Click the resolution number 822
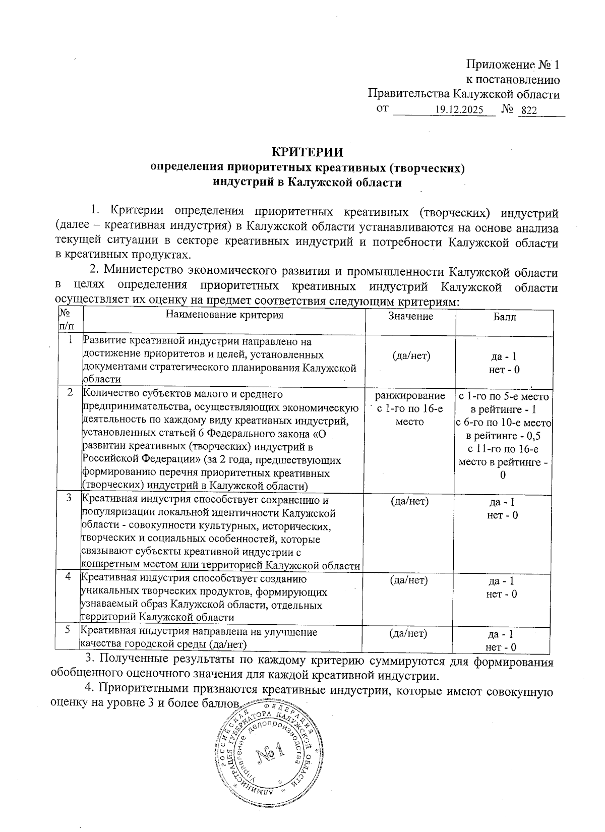point(529,110)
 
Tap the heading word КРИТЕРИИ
point(308,152)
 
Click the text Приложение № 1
point(513,65)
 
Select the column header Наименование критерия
point(224,316)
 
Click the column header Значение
point(410,316)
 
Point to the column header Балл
point(504,317)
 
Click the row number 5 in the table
point(68,630)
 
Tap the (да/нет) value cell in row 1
point(411,356)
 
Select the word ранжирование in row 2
point(410,396)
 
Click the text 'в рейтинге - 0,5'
point(503,436)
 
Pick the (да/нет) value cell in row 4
point(409,580)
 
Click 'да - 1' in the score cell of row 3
point(502,502)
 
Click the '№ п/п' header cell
point(67,320)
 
